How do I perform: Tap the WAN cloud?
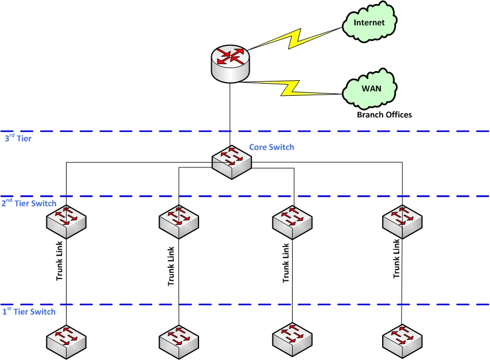pyautogui.click(x=370, y=90)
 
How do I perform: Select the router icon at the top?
pyautogui.click(x=230, y=63)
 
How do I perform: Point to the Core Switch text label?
pyautogui.click(x=271, y=147)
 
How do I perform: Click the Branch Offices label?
pyautogui.click(x=384, y=115)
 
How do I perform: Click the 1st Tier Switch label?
pyautogui.click(x=29, y=311)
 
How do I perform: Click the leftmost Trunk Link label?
pyautogui.click(x=59, y=263)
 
